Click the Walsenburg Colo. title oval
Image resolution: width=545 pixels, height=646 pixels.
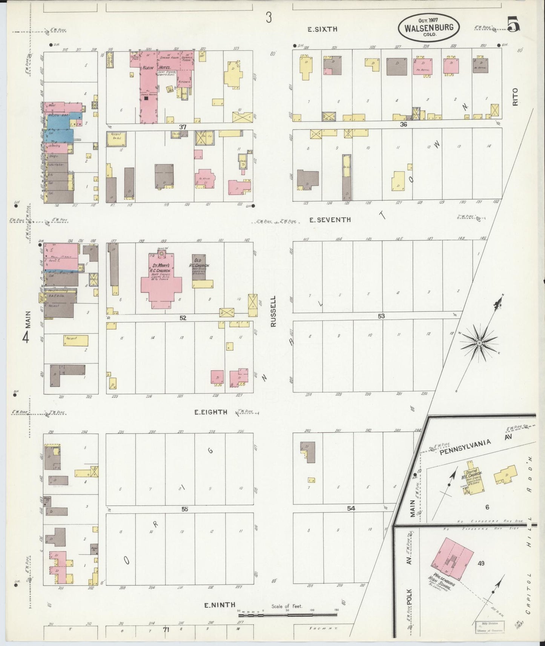click(429, 27)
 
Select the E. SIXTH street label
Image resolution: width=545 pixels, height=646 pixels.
click(322, 29)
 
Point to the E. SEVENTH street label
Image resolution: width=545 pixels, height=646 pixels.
click(330, 220)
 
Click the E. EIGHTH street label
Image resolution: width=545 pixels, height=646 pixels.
click(211, 412)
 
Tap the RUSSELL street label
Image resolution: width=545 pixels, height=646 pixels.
click(273, 311)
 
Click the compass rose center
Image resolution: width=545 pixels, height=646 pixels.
click(479, 343)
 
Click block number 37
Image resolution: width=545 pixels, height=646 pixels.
click(183, 127)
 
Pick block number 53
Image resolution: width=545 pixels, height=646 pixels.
click(381, 316)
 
